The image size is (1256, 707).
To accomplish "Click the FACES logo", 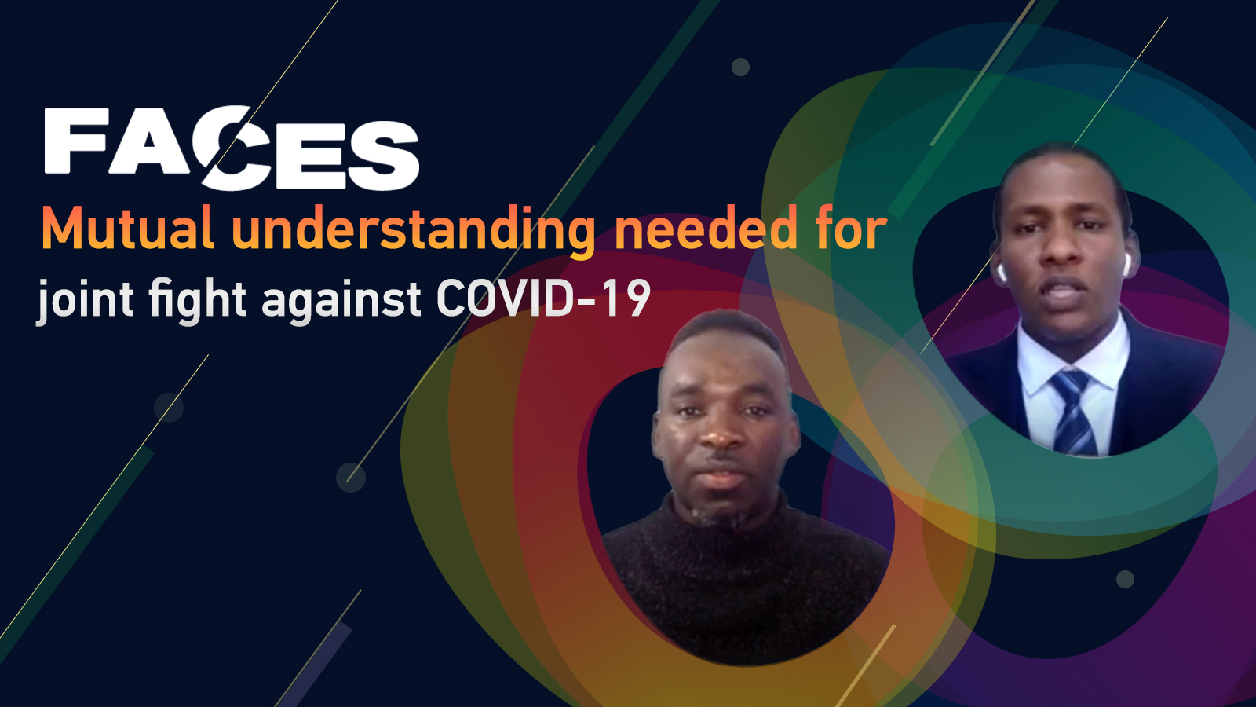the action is (232, 148).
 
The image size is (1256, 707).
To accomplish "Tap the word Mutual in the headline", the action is (127, 227).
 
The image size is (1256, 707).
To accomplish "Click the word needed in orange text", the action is (706, 227).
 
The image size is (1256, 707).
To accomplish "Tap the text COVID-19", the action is (543, 299).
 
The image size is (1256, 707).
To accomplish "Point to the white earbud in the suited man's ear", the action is (1002, 273).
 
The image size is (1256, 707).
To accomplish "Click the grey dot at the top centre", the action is (741, 68).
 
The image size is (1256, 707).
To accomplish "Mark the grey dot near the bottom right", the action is (1126, 579).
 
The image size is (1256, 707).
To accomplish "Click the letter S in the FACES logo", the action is (384, 156).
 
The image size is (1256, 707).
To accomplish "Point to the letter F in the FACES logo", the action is (76, 141).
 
